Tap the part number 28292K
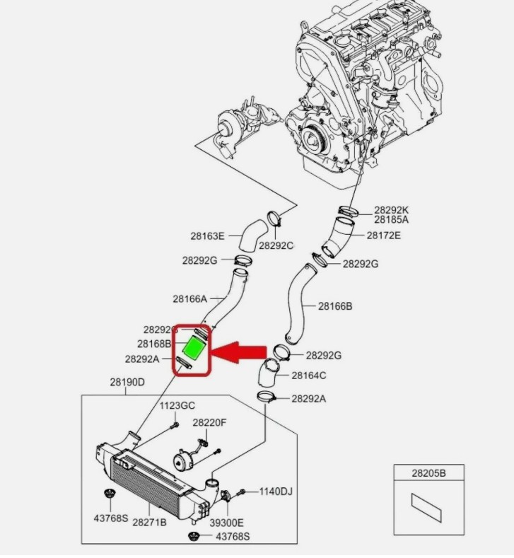coord(392,210)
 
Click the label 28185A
coord(392,220)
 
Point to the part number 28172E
coord(383,235)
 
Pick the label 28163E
coord(207,236)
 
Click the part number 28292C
coord(276,245)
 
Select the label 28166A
coord(189,298)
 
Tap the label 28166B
coord(334,306)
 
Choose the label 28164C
coord(309,375)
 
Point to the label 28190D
coord(127,383)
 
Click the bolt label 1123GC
coord(176,406)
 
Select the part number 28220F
coord(209,422)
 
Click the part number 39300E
coord(226,523)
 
